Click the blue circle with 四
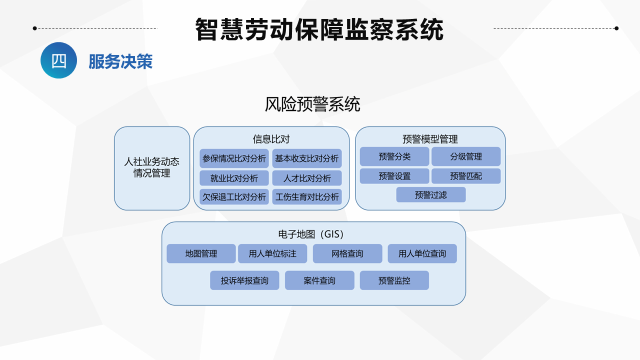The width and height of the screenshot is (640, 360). coord(58,60)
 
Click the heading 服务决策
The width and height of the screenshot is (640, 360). coord(120,61)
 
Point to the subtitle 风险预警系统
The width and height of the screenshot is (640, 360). coord(312,104)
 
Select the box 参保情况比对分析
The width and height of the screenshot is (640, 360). coord(234,158)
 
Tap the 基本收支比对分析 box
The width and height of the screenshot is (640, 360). coord(307,158)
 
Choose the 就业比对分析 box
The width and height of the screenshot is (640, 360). coord(234,178)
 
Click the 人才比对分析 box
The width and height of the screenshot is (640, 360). coord(307,178)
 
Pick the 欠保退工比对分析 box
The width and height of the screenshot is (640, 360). coord(234,196)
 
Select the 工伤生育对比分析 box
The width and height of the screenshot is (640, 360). coord(307,196)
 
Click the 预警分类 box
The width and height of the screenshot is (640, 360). coord(394,156)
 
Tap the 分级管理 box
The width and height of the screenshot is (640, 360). coord(466,156)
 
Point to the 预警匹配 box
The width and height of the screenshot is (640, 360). coord(466,176)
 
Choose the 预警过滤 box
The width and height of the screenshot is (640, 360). coord(431,195)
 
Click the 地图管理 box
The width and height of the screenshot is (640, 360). coord(201,253)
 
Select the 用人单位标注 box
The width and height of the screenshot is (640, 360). coord(272,253)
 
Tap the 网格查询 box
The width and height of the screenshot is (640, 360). coord(347,253)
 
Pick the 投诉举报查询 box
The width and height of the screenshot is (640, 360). coord(244,280)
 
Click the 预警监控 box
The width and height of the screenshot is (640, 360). coord(394,280)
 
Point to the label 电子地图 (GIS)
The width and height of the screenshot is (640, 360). coord(311,234)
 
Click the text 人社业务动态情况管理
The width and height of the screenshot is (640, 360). coord(151,167)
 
